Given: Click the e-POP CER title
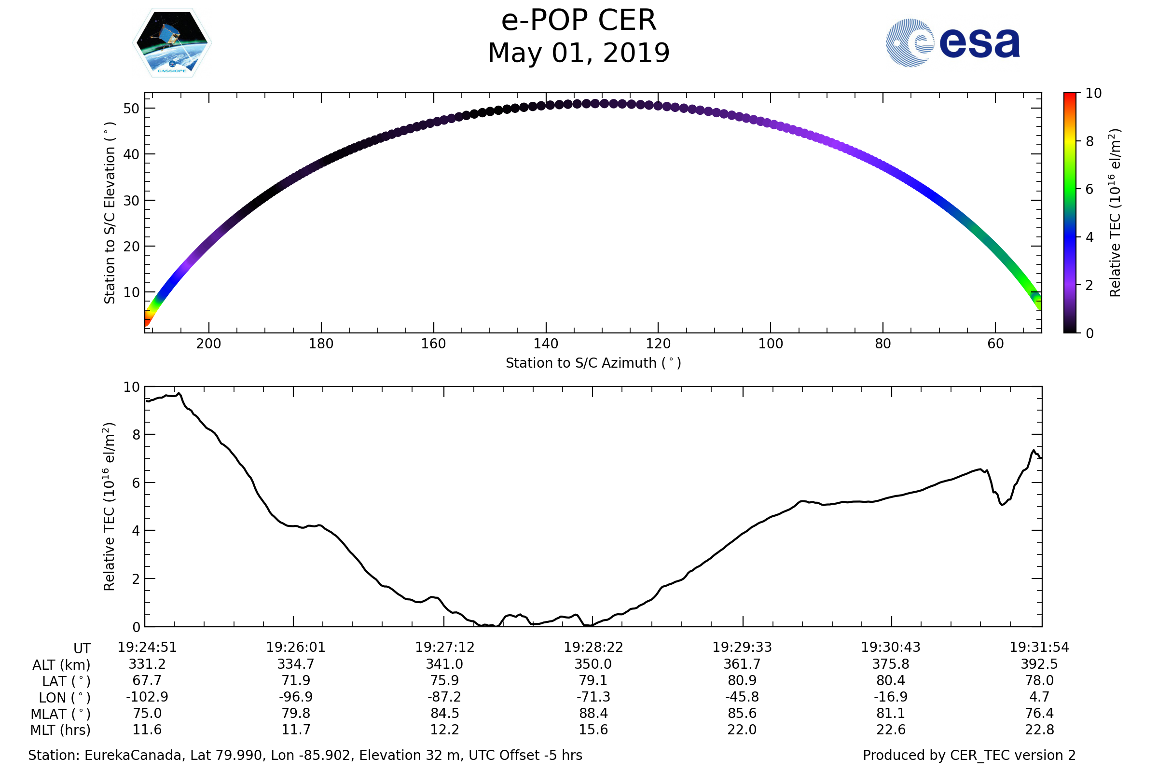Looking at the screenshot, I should click(579, 21).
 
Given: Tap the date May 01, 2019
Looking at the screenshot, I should click(579, 53).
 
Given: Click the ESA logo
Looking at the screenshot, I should click(952, 43).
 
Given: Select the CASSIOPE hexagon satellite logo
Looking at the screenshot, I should click(172, 43).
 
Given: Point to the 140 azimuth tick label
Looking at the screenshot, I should click(546, 344).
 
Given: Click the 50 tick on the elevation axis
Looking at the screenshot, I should click(131, 109).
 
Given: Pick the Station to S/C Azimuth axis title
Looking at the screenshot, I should click(593, 363).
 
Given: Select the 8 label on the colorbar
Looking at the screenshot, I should click(1089, 142).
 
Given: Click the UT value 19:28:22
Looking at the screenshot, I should click(593, 648).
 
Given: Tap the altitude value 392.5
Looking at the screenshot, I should click(1039, 664).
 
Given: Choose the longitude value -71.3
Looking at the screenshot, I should click(593, 697).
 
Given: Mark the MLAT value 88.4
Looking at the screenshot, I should click(593, 714).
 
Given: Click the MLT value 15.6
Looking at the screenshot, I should click(593, 730).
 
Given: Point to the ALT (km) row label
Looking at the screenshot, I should click(61, 665).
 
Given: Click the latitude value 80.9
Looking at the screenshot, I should click(742, 680).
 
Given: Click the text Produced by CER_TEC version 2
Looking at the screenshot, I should click(969, 756).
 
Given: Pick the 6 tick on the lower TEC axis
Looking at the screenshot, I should click(136, 483).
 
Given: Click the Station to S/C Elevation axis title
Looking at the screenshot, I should click(110, 213).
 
